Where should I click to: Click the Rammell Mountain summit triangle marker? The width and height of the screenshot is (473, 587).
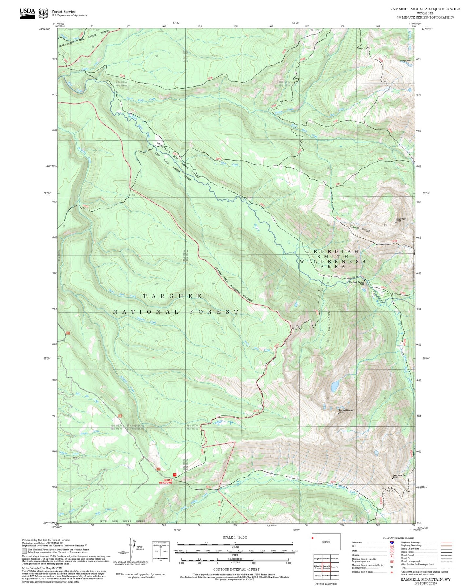click(x=338, y=414)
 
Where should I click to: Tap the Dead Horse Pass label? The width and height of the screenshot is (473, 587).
click(x=399, y=475)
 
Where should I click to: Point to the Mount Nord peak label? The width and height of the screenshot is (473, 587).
click(x=401, y=219)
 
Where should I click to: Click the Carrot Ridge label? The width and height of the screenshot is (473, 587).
click(x=360, y=228)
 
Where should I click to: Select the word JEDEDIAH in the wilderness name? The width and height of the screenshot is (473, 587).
click(x=333, y=251)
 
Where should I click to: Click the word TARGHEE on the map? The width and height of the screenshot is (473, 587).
click(x=172, y=296)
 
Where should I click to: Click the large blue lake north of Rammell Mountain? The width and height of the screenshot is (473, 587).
click(x=335, y=386)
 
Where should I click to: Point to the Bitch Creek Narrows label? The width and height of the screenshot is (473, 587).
click(x=356, y=282)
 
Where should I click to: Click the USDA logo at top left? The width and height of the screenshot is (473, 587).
click(x=27, y=13)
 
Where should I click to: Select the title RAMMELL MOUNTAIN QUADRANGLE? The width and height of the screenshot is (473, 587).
click(x=425, y=9)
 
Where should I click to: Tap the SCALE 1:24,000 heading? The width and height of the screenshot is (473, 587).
click(x=235, y=538)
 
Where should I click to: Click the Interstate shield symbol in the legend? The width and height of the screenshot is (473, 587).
click(x=392, y=543)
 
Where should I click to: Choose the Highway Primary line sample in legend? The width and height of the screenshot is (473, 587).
click(x=446, y=543)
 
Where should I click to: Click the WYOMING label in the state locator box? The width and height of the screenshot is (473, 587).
click(x=326, y=542)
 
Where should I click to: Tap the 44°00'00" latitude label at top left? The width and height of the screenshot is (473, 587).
click(x=45, y=29)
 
